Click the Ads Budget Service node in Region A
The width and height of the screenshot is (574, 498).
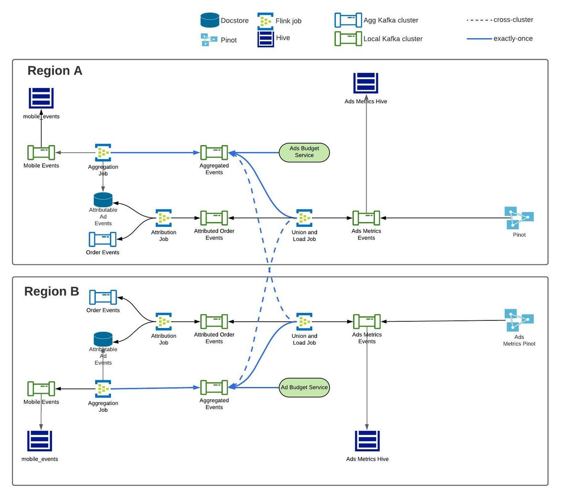click(x=304, y=153)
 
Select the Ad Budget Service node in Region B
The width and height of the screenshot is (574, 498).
click(x=304, y=387)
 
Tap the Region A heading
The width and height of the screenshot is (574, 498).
click(x=55, y=70)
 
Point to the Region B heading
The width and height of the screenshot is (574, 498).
click(x=52, y=292)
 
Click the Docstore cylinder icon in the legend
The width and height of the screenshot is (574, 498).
click(x=210, y=20)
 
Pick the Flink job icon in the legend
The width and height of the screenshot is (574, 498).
click(x=265, y=21)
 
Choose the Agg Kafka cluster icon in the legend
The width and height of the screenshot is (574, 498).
click(x=348, y=20)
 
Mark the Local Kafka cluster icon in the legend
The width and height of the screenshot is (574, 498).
click(x=348, y=38)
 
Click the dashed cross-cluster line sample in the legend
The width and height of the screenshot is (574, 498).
click(x=479, y=20)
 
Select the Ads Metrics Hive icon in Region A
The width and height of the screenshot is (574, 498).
click(x=366, y=83)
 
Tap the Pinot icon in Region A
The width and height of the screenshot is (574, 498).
click(x=519, y=218)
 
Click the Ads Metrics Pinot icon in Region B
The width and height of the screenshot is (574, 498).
click(x=519, y=320)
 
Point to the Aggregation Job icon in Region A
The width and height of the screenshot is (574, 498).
click(x=103, y=152)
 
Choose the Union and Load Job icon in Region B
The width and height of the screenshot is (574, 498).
click(x=304, y=322)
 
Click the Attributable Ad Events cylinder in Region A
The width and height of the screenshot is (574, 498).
click(x=103, y=200)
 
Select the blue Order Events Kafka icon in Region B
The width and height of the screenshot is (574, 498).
click(x=103, y=297)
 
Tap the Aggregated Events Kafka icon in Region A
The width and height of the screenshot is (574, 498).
click(x=214, y=152)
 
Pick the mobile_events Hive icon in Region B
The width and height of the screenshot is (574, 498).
click(x=40, y=441)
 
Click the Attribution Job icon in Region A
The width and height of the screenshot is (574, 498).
click(x=164, y=218)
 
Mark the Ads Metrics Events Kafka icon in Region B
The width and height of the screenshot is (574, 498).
click(x=366, y=321)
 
